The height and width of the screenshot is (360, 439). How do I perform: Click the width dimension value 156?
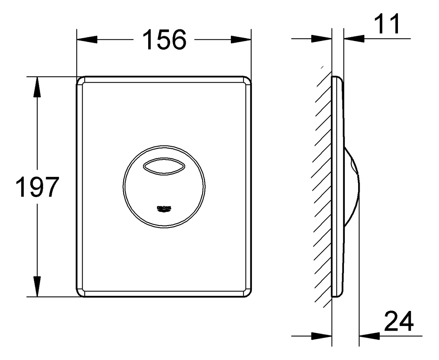(164, 40)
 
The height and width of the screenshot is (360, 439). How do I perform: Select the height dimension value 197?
(37, 187)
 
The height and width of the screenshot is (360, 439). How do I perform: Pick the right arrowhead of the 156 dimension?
(241, 40)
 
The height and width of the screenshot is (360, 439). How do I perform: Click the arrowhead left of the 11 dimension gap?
(321, 39)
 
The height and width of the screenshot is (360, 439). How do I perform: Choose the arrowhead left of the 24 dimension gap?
(321, 336)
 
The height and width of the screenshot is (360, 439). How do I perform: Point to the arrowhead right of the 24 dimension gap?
(370, 336)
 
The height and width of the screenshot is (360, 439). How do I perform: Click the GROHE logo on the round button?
(164, 209)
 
